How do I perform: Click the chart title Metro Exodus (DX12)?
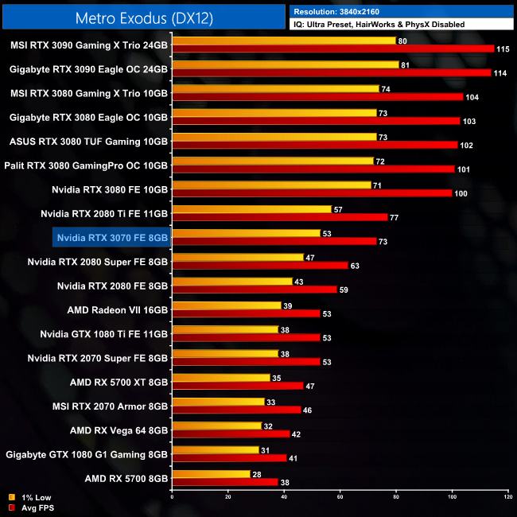pyautogui.click(x=144, y=17)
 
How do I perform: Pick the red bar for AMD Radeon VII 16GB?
pyautogui.click(x=246, y=314)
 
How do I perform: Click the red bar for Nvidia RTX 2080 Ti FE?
pyautogui.click(x=279, y=217)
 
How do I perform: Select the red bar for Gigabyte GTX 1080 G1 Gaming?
pyautogui.click(x=229, y=458)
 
